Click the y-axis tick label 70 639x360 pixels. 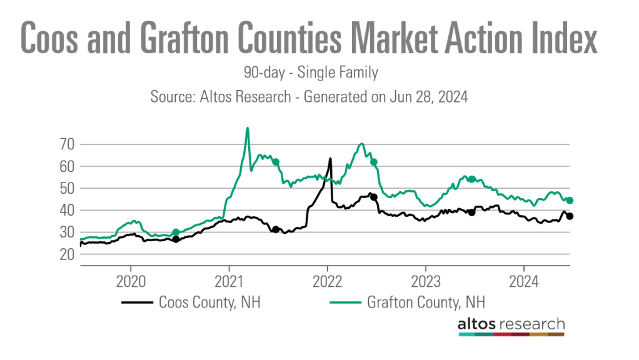(x=67, y=144)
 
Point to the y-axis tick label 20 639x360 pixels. (x=67, y=254)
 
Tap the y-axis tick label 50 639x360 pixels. (x=67, y=189)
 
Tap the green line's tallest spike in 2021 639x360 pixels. (x=248, y=128)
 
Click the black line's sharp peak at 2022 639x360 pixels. (x=330, y=159)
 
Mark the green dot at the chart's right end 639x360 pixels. (x=570, y=201)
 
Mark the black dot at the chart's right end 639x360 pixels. (x=570, y=216)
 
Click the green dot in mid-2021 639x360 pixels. (x=275, y=162)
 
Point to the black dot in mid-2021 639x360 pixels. (x=275, y=229)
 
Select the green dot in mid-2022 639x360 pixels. (x=373, y=162)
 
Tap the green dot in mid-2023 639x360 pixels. (x=471, y=179)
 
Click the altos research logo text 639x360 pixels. (x=511, y=324)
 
